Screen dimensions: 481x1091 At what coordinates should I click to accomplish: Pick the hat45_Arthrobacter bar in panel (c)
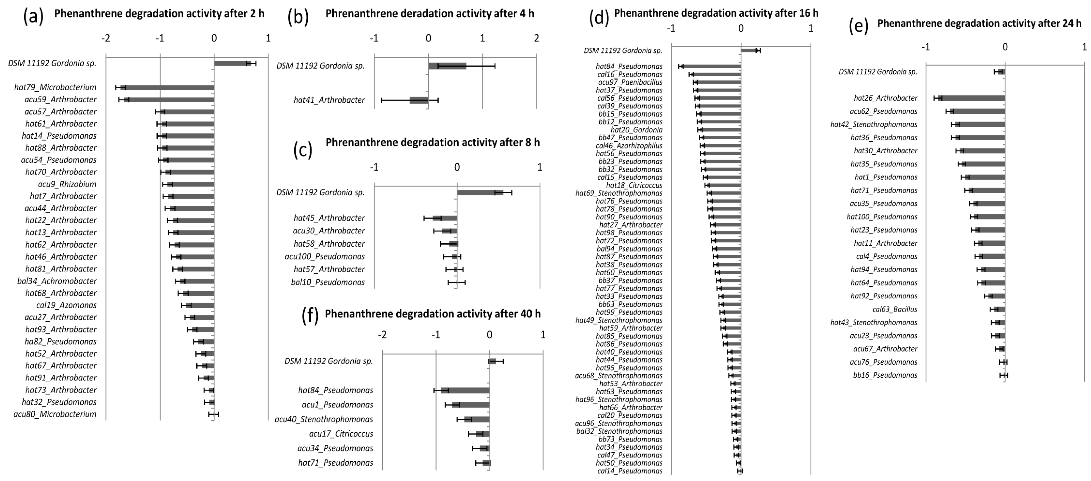click(x=445, y=218)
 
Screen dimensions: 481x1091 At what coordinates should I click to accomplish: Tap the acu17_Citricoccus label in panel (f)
click(x=341, y=434)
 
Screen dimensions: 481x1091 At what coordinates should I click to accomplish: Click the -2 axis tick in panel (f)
click(x=382, y=335)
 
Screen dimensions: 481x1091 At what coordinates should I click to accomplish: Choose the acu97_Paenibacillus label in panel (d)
click(x=630, y=82)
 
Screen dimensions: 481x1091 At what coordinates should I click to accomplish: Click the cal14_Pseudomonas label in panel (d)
click(x=630, y=471)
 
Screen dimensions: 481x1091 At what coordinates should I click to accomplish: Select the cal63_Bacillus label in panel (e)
click(x=894, y=309)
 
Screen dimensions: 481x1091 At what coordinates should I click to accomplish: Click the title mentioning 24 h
click(x=979, y=23)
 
